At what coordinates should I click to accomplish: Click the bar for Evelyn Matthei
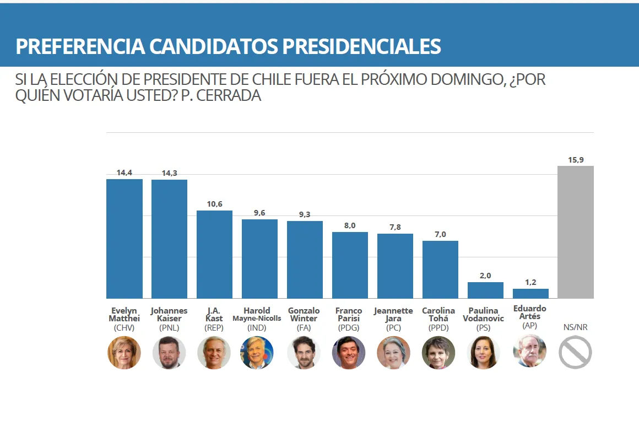[124, 238]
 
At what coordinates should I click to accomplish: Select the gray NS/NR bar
[575, 232]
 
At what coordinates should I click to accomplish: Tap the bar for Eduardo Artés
[530, 293]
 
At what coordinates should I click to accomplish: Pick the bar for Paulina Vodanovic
[485, 290]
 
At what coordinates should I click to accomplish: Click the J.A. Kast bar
[214, 254]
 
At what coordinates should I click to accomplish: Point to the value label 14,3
[169, 173]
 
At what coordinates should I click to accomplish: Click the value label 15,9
[576, 160]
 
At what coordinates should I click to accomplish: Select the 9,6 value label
[259, 213]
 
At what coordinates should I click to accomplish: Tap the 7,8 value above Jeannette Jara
[395, 227]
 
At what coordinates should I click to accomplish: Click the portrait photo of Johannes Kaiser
[169, 353]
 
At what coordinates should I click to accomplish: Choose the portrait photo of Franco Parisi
[349, 353]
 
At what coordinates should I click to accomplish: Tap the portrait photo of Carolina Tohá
[439, 353]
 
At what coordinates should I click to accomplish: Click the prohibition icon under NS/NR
[575, 353]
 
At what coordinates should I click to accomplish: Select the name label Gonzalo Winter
[304, 315]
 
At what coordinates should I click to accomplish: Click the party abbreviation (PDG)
[349, 327]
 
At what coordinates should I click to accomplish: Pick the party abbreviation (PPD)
[440, 327]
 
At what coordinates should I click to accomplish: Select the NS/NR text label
[575, 327]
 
